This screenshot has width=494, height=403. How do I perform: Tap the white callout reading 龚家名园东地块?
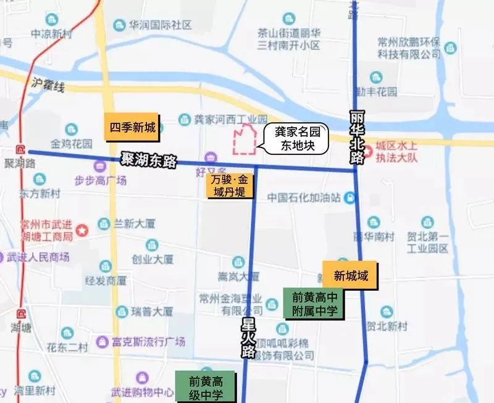click(294, 139)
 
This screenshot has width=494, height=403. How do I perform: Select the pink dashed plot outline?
click(244, 139)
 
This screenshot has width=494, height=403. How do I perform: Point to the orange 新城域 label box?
click(350, 275)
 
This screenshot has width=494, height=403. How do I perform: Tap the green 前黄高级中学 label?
click(206, 387)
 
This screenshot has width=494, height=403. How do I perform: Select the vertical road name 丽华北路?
click(357, 137)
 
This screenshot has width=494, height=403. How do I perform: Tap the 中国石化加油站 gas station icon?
click(351, 197)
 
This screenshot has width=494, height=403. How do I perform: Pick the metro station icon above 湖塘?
click(23, 313)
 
